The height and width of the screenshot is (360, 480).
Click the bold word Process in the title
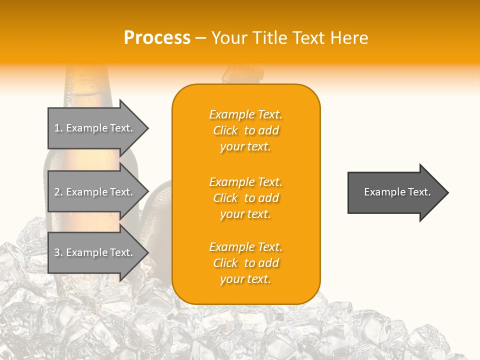coord(157,38)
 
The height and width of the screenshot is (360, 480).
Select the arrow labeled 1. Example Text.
coord(95,128)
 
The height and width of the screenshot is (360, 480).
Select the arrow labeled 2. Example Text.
coord(95,192)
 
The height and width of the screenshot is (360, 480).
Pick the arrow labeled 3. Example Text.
coord(95,252)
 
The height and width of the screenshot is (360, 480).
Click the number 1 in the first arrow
coord(57,128)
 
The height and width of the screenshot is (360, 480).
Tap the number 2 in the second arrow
coord(57,192)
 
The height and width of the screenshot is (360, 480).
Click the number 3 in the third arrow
coord(57,252)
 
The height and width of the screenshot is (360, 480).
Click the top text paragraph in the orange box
coord(245,130)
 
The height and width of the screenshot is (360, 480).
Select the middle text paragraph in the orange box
coord(245,198)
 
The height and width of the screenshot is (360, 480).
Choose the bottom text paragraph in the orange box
coord(245,263)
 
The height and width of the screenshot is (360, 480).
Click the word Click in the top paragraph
coord(225,130)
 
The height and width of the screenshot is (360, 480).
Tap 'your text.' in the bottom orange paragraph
coord(245,279)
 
